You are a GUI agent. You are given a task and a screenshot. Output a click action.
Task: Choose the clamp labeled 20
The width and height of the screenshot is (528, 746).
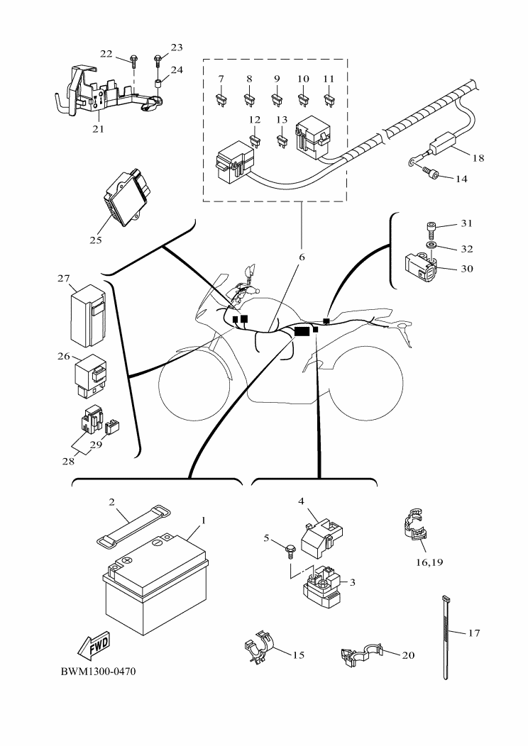(363, 655)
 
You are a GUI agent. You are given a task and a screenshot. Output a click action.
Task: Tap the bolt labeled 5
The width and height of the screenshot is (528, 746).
(291, 547)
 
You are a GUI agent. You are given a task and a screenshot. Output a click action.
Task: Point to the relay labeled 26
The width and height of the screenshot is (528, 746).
(90, 374)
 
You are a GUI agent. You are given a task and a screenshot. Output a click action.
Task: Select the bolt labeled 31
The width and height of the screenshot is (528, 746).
(431, 228)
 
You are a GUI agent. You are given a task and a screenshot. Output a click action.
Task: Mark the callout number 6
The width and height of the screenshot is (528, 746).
(301, 257)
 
